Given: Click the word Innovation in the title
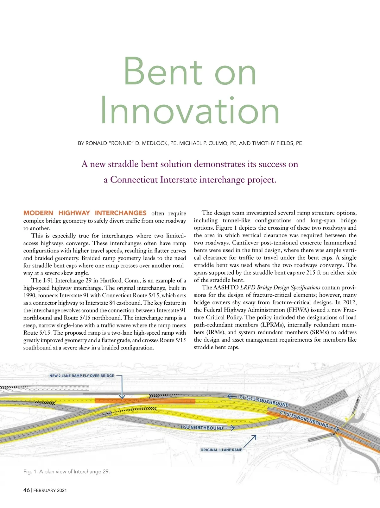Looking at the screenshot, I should point(190,111).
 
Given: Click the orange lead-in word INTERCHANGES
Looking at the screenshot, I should point(120,213).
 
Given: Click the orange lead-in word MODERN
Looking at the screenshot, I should point(38,213).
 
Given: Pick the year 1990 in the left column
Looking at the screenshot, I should point(29,295).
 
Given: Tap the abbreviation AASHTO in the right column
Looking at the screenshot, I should point(226,288).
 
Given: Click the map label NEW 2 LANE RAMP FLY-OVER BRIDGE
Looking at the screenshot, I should point(82,376).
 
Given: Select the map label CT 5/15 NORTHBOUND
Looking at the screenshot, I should point(304,418).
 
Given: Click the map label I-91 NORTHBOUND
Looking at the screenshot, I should point(202,428).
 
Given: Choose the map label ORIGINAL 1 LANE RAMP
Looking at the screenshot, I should point(221,450).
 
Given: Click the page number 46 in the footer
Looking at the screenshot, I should point(27,490).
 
